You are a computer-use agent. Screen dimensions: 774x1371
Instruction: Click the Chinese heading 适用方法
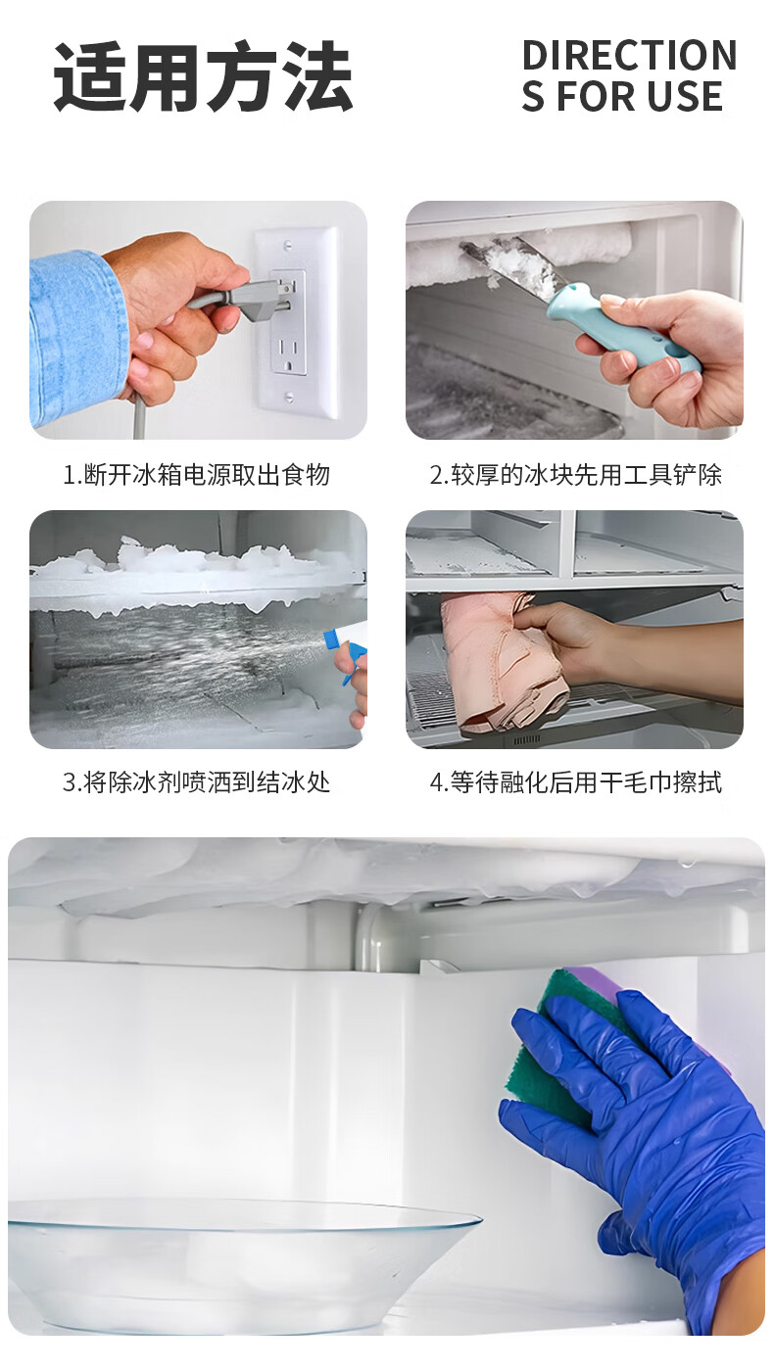pyautogui.click(x=203, y=76)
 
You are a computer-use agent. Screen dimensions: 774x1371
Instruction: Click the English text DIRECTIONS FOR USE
pyautogui.click(x=629, y=76)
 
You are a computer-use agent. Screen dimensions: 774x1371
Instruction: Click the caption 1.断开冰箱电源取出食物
pyautogui.click(x=197, y=475)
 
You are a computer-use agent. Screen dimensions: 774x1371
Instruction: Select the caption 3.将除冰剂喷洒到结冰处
pyautogui.click(x=197, y=782)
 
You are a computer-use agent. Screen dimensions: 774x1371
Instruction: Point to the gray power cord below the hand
pyautogui.click(x=140, y=415)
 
